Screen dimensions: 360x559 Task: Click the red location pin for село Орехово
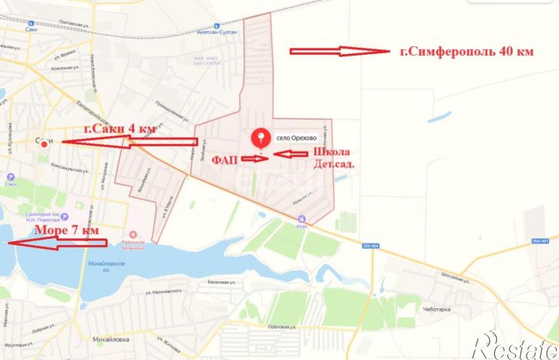click(261, 138)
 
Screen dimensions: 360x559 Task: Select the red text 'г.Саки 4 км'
click(119, 129)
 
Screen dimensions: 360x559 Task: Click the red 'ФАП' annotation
click(224, 157)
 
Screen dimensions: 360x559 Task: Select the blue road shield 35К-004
click(371, 246)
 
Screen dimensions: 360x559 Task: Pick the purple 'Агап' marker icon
click(301, 218)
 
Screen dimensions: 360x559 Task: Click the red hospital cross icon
click(134, 234)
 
